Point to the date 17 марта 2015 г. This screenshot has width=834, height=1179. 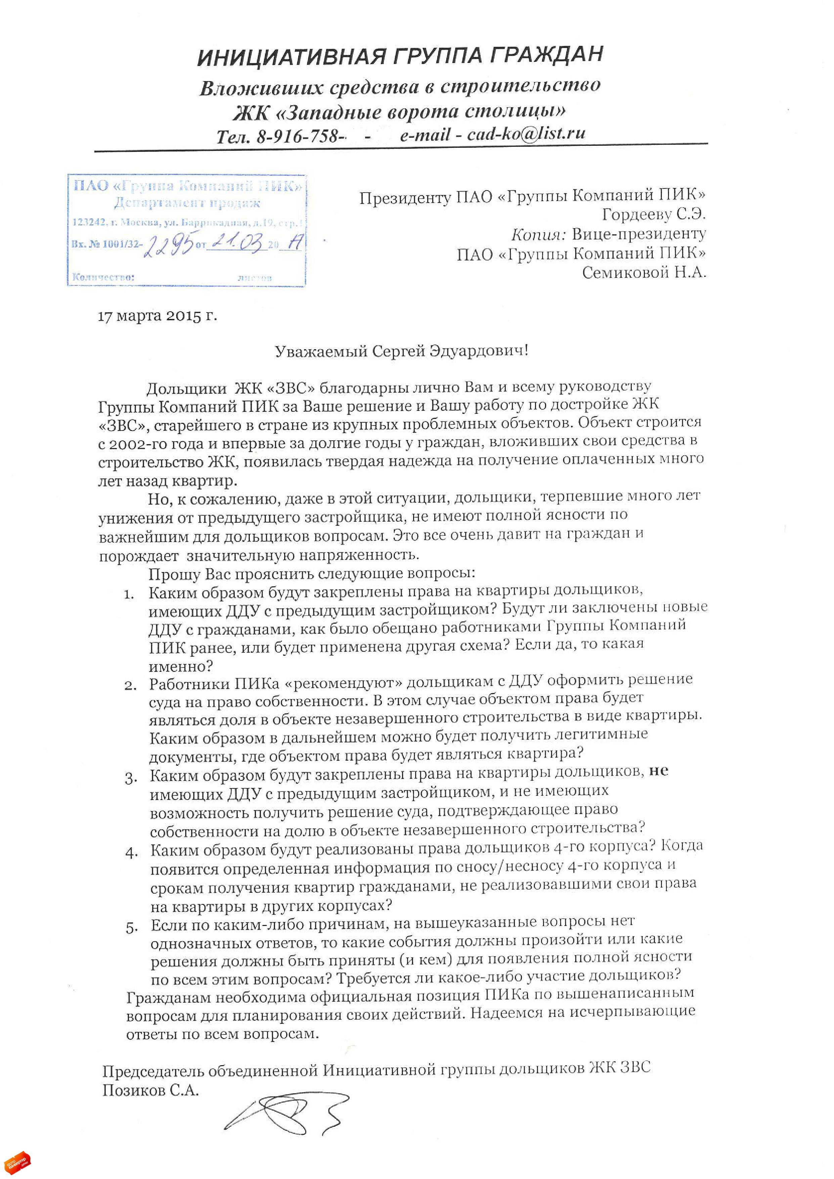pyautogui.click(x=157, y=316)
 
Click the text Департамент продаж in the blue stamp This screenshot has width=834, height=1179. pyautogui.click(x=187, y=203)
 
